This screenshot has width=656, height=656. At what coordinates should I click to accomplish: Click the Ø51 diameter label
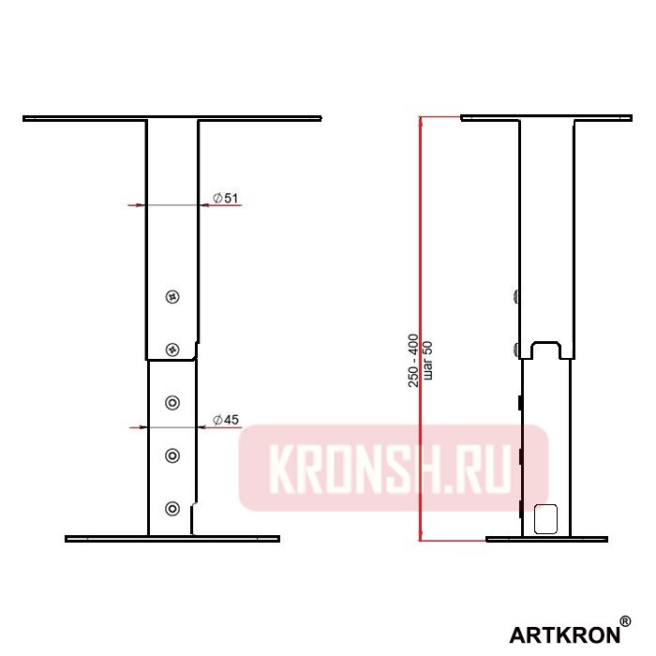226,198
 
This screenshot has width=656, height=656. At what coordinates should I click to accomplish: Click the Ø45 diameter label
226,419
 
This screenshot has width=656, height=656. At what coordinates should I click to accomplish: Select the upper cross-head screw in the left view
171,297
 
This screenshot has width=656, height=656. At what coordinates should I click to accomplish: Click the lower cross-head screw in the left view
171,349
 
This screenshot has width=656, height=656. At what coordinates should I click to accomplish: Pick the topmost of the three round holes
171,403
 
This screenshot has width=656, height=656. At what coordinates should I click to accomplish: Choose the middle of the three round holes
171,455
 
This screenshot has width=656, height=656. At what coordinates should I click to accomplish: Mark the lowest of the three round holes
171,508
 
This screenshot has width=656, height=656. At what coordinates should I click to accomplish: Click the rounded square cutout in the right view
544,518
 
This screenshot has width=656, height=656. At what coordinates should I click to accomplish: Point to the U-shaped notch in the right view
547,350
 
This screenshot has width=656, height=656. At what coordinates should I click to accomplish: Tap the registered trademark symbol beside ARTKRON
625,622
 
